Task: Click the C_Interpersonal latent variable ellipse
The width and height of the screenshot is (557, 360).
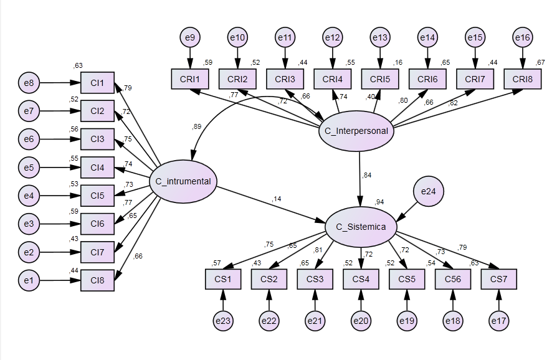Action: pyautogui.click(x=357, y=131)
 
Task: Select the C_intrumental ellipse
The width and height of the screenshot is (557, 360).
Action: pyautogui.click(x=183, y=182)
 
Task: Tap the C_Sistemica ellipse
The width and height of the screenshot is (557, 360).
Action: pyautogui.click(x=361, y=227)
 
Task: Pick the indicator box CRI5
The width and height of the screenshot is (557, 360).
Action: pyautogui.click(x=380, y=79)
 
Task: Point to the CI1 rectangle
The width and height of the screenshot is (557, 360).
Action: pyautogui.click(x=97, y=82)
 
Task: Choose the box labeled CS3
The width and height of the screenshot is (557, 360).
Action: pyautogui.click(x=315, y=279)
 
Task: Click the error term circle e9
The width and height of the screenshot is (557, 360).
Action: pyautogui.click(x=190, y=38)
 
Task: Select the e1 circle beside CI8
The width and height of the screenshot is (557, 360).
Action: pyautogui.click(x=28, y=281)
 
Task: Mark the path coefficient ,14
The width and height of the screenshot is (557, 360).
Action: pyautogui.click(x=276, y=199)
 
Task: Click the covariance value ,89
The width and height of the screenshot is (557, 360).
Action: pyautogui.click(x=197, y=127)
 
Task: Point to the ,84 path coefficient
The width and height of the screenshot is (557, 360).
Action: pyautogui.click(x=366, y=175)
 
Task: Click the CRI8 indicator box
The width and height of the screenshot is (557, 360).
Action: pyautogui.click(x=522, y=79)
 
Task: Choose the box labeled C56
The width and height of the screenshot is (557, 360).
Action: pyautogui.click(x=453, y=279)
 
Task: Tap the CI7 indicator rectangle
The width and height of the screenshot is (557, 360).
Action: pyautogui.click(x=97, y=252)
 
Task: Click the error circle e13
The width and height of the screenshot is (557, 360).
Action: pyautogui.click(x=380, y=38)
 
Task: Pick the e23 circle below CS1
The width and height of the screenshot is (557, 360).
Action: pyautogui.click(x=222, y=321)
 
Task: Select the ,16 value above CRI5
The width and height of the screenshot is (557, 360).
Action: pyautogui.click(x=397, y=63)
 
